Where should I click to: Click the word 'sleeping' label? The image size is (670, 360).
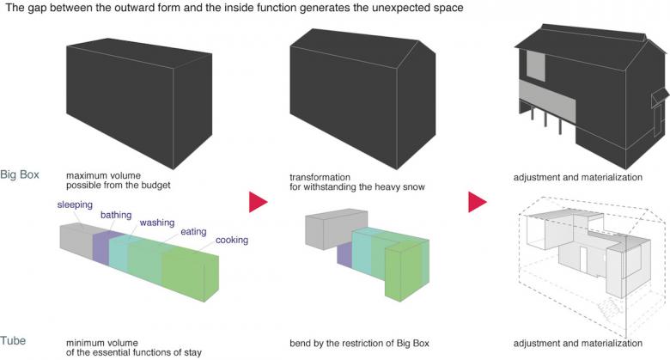[x=74, y=205]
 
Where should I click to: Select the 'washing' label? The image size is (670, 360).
[x=156, y=223]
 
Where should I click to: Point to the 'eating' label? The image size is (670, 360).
[x=192, y=231]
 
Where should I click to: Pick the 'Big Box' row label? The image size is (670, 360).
[x=20, y=174]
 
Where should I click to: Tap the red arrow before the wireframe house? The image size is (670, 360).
[x=478, y=202]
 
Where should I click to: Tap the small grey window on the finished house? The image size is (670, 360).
[x=535, y=64]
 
